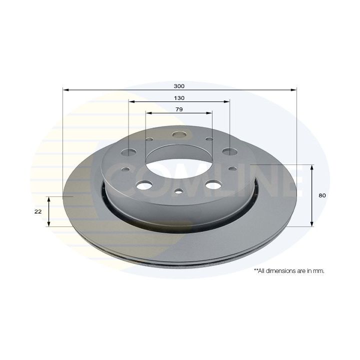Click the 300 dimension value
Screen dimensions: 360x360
click(179, 86)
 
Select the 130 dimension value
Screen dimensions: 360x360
click(179, 98)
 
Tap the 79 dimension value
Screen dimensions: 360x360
click(179, 109)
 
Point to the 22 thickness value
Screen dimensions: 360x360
click(38, 211)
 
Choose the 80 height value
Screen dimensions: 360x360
click(322, 195)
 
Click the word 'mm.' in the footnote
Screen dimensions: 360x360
click(319, 271)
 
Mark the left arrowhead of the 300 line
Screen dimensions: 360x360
click(65, 90)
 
